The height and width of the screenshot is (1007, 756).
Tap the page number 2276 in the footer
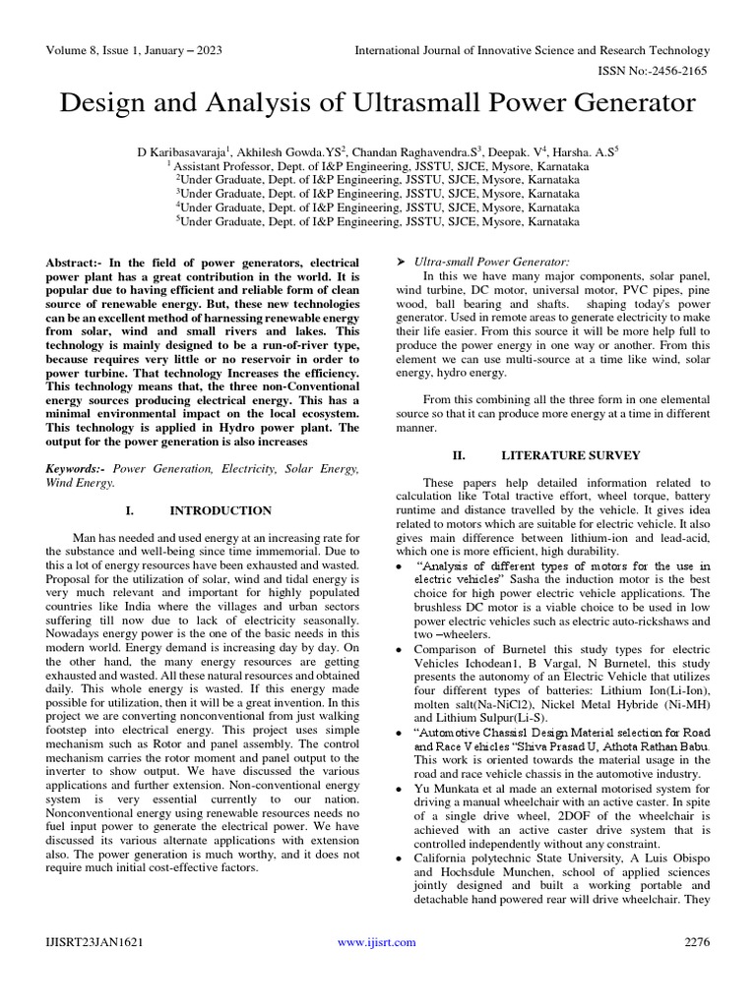tap(696, 942)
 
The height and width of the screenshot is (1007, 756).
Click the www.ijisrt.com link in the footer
tap(377, 942)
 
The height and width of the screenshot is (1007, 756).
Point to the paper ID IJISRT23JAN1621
tap(94, 942)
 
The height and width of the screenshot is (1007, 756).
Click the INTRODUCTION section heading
tap(220, 510)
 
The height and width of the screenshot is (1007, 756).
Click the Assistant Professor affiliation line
tap(378, 167)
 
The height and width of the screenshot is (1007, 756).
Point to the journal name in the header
tap(532, 49)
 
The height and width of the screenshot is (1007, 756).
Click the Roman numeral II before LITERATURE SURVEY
tap(458, 455)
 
